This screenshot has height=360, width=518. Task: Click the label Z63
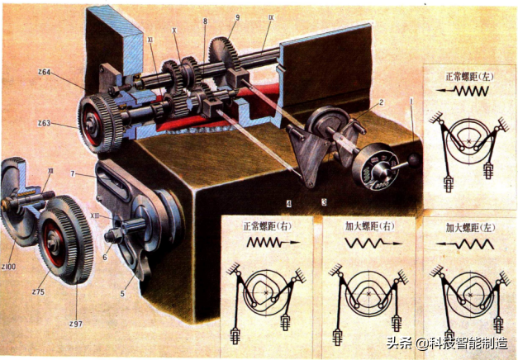[45, 123]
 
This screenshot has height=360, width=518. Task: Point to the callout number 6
[105, 256]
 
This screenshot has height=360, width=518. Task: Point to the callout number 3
[324, 201]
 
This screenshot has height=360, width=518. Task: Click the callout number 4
[288, 201]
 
